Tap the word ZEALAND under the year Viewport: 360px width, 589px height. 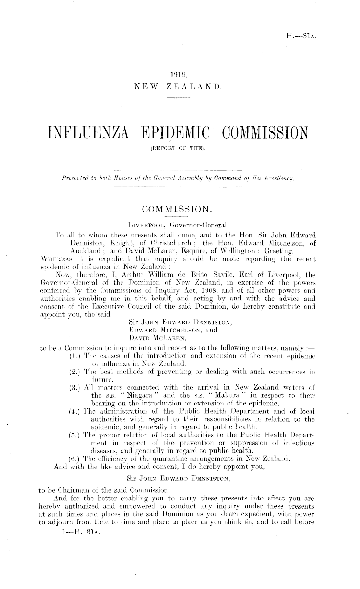(x=194, y=87)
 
